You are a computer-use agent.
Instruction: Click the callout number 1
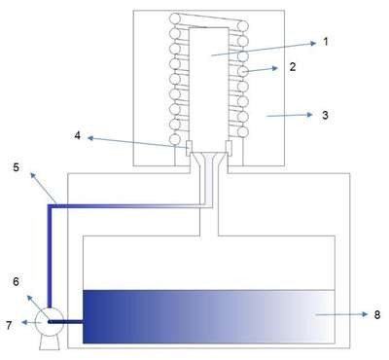pyautogui.click(x=326, y=42)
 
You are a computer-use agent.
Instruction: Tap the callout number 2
pyautogui.click(x=293, y=67)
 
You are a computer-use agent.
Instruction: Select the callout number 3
pyautogui.click(x=325, y=115)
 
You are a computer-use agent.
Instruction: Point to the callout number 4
pyautogui.click(x=77, y=135)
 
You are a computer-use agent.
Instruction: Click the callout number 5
pyautogui.click(x=17, y=167)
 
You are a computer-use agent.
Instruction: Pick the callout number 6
pyautogui.click(x=16, y=281)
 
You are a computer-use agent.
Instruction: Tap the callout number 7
pyautogui.click(x=9, y=325)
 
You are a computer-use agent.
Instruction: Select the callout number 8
pyautogui.click(x=377, y=314)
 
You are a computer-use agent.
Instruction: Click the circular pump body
pyautogui.click(x=49, y=322)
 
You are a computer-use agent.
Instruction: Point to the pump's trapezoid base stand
pyautogui.click(x=50, y=342)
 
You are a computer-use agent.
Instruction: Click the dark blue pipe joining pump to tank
pyautogui.click(x=66, y=322)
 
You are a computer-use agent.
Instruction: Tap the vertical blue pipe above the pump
pyautogui.click(x=50, y=256)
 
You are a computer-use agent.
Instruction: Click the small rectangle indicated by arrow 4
pyautogui.click(x=189, y=147)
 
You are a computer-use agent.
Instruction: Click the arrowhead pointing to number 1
pyautogui.click(x=312, y=43)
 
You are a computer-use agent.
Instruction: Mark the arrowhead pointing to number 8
pyautogui.click(x=365, y=314)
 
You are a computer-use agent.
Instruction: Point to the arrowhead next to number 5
pyautogui.click(x=33, y=175)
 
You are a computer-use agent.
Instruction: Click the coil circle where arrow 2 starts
pyautogui.click(x=243, y=71)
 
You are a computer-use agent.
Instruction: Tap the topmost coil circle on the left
pyautogui.click(x=175, y=18)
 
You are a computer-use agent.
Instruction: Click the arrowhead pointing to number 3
pyautogui.click(x=309, y=115)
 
